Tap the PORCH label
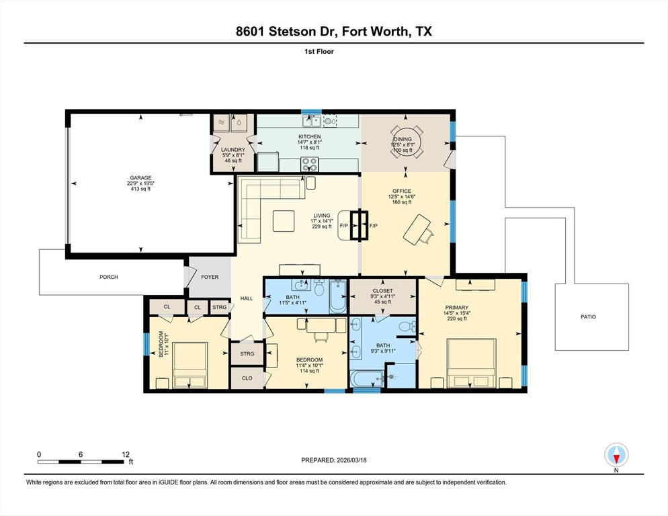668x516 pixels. click(x=109, y=277)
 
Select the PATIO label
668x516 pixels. click(x=588, y=317)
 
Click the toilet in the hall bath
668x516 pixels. click(x=319, y=290)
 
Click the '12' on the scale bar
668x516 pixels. click(x=125, y=454)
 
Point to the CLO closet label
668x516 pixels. click(x=247, y=378)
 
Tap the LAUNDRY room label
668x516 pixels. click(x=233, y=150)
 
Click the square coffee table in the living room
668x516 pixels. click(x=283, y=220)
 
